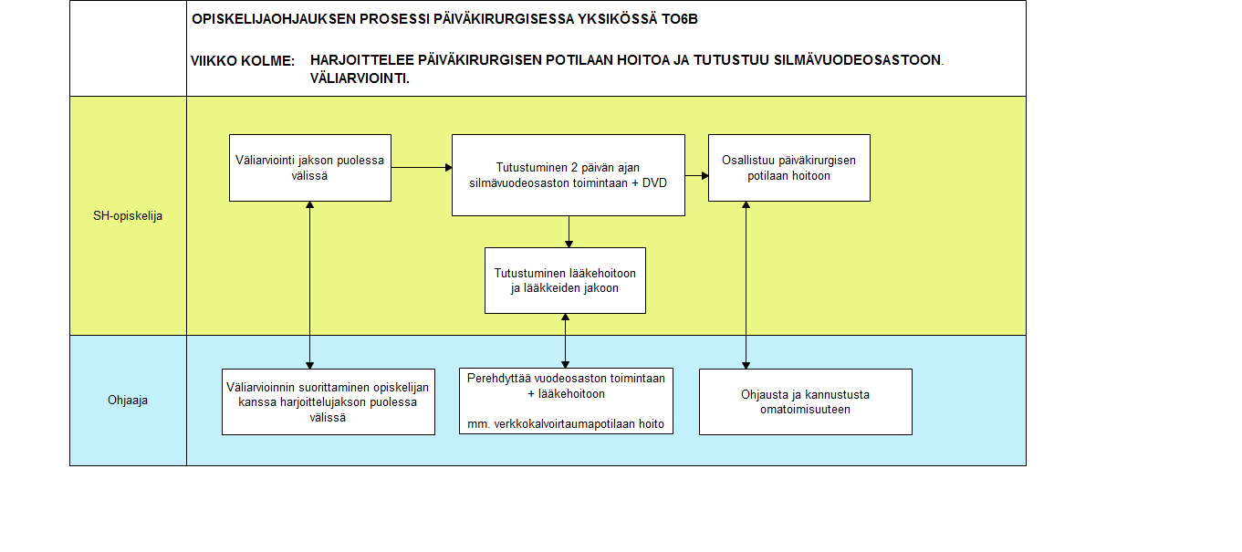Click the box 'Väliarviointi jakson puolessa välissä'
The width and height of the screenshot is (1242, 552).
pos(310,168)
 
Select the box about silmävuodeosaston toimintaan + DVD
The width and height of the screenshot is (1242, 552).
pos(569,175)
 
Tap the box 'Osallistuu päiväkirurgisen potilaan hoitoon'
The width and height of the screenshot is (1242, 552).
pos(789,168)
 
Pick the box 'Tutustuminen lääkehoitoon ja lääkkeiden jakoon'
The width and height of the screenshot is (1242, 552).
pos(565,280)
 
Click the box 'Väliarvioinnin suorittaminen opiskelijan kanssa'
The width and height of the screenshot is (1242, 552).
pos(329,401)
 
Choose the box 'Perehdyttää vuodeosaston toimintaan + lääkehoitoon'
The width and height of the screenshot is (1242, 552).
pos(566,401)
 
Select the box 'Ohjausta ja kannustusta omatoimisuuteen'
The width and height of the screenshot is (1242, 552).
pos(806,401)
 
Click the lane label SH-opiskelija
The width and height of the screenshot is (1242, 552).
pos(128,216)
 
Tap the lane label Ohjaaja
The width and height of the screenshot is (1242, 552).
pos(128,401)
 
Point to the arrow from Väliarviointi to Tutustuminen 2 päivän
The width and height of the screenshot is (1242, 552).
pos(422,167)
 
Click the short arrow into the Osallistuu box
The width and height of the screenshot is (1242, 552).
pos(697,176)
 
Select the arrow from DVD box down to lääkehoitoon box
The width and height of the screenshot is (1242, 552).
pos(569,232)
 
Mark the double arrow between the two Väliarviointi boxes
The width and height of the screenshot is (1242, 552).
pos(310,285)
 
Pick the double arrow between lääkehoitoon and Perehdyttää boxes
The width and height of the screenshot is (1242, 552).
pos(566,341)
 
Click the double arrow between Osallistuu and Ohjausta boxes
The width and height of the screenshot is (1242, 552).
pos(746,285)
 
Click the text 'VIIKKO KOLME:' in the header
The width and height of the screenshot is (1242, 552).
pos(243,61)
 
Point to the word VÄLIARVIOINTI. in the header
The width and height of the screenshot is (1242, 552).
pos(360,78)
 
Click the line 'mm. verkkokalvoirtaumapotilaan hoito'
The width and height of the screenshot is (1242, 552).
pos(566,424)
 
